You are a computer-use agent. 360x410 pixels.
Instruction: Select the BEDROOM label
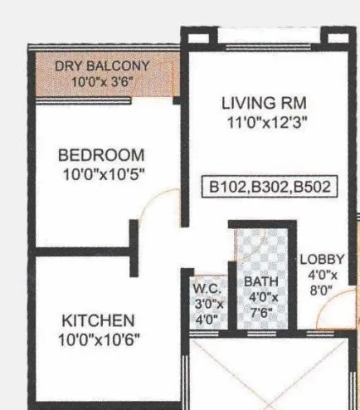click(x=100, y=155)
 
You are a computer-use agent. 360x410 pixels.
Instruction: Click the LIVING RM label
click(x=264, y=104)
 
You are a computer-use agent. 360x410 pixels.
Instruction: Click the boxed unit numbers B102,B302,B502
click(x=270, y=187)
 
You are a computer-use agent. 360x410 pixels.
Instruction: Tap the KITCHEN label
click(x=98, y=320)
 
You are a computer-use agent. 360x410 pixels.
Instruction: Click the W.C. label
click(x=206, y=289)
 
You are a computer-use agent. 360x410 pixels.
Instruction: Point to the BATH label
click(x=260, y=282)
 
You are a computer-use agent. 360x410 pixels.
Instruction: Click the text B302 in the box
click(x=270, y=187)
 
